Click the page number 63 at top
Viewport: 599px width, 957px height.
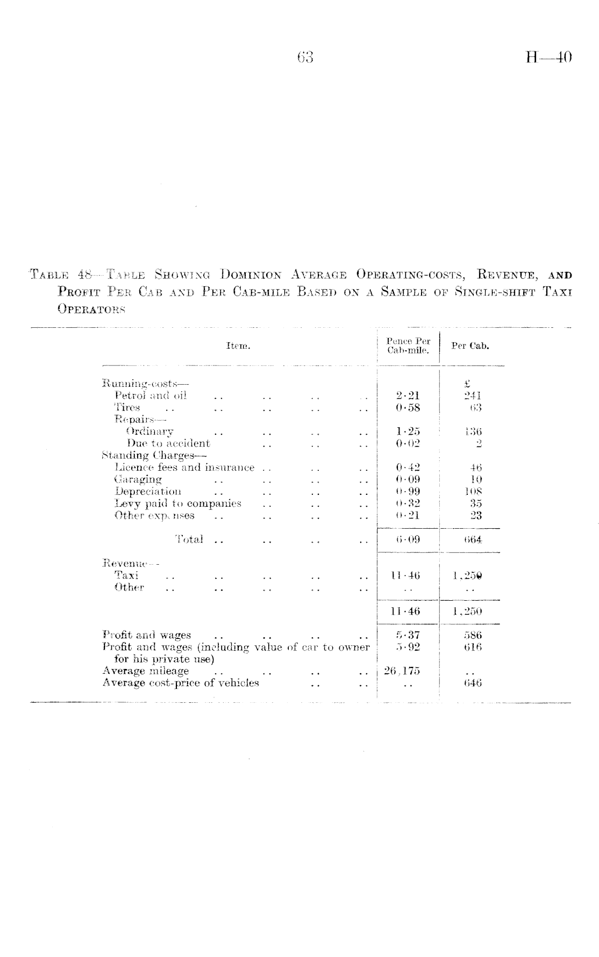tap(304, 57)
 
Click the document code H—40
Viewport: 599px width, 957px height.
tap(548, 57)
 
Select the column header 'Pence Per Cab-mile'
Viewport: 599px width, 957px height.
tap(408, 346)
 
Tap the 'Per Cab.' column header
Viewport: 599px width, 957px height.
tap(470, 346)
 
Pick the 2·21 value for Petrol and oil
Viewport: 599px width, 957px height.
tap(408, 395)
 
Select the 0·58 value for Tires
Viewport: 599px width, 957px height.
tap(408, 407)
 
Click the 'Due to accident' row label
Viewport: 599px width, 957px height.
tap(168, 443)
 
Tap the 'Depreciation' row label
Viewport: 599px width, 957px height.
tap(148, 491)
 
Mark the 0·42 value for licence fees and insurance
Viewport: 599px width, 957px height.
tap(408, 467)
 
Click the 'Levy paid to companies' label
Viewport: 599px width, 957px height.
tap(178, 503)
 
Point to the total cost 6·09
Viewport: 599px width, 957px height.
tap(408, 539)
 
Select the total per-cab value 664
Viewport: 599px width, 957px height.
tap(473, 539)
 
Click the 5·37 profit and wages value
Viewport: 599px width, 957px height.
tap(408, 635)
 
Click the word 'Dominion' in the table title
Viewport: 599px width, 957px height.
tap(252, 276)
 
